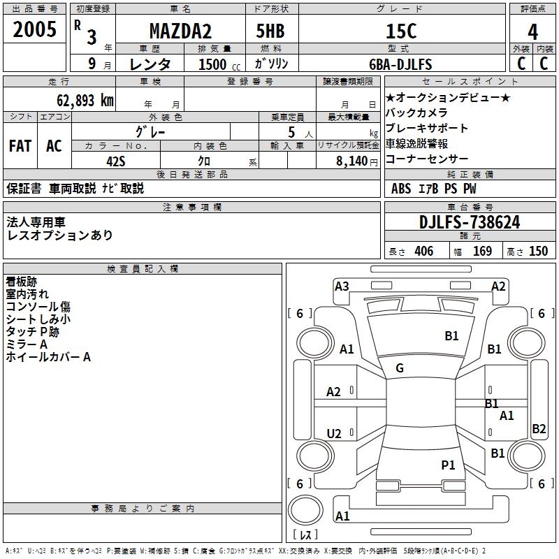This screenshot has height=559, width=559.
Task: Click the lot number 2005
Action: pos(34,29)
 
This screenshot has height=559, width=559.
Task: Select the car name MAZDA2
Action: pos(180,31)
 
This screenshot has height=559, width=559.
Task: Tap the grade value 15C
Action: pos(401,31)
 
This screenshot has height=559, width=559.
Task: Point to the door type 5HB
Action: pos(270,31)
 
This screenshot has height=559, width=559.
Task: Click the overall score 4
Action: pos(532,32)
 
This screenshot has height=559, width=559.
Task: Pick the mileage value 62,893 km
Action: pos(85,100)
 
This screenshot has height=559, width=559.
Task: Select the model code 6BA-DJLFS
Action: pos(400,64)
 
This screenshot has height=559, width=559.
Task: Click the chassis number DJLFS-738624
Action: pos(470,222)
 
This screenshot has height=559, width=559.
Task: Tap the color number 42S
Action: pos(116,161)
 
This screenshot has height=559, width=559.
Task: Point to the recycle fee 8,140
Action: pos(352,161)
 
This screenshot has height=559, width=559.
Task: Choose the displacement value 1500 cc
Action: pos(219,64)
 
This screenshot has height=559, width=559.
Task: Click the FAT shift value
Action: pos(20,146)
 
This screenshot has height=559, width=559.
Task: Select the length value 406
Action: pos(424,251)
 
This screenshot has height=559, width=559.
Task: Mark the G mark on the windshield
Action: pos(400,368)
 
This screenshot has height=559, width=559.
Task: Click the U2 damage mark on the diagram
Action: pos(334,433)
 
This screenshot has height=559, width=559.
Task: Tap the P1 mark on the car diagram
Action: pos(448,465)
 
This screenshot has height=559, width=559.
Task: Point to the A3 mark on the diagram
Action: pos(342,286)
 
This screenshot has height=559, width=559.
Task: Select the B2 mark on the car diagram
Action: pos(539,428)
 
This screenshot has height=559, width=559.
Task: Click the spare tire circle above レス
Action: pos(305,510)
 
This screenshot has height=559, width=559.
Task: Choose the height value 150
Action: pos(538,251)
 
